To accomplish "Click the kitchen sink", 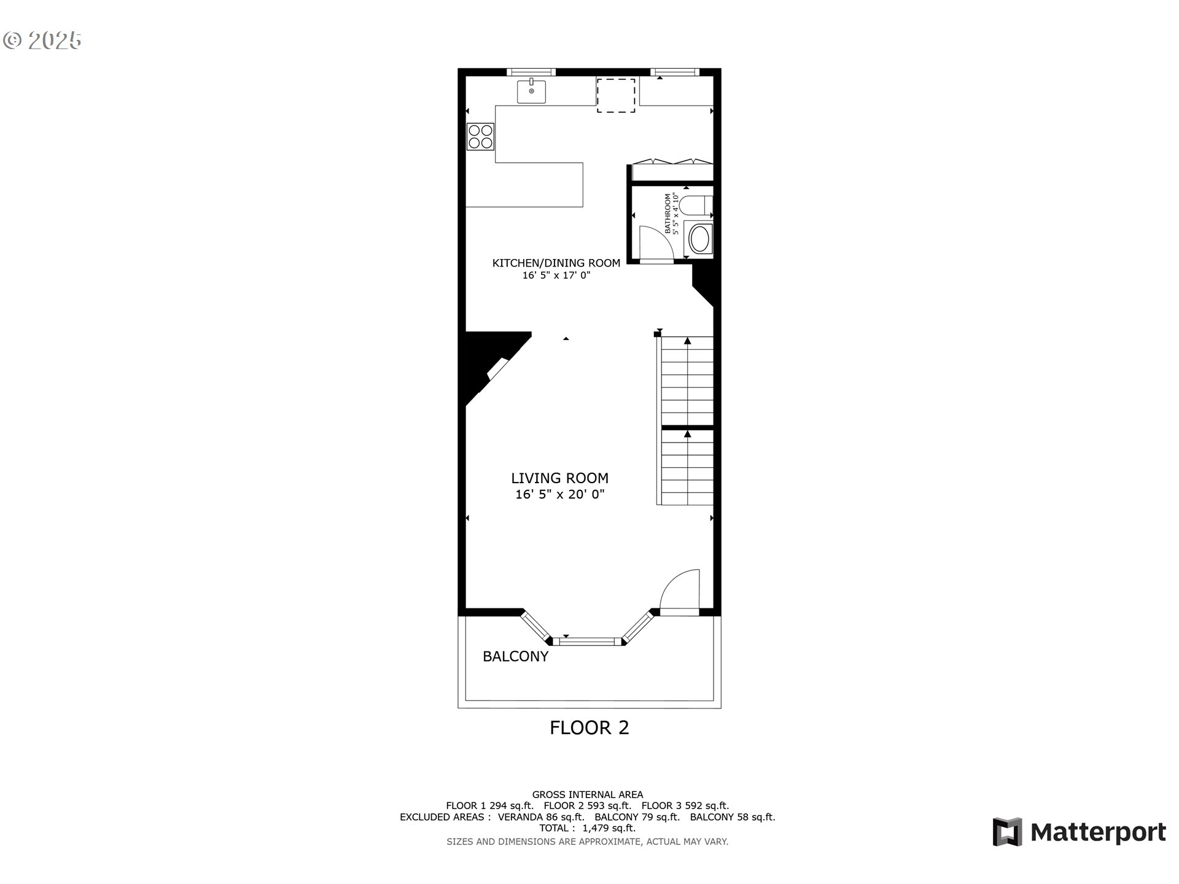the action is tap(531, 91).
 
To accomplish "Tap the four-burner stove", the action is tap(480, 136).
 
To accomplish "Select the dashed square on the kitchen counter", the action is tap(616, 95).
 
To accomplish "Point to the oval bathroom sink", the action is tap(699, 239).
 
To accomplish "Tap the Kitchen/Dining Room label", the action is tap(556, 263).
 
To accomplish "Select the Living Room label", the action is tap(560, 478).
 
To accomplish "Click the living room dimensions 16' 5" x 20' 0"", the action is tap(560, 494).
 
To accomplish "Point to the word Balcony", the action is tap(515, 656).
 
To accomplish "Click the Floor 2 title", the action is tap(589, 727).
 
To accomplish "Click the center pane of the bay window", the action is tap(587, 642).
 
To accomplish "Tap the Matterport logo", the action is tap(1080, 832).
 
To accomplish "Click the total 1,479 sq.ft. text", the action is tap(588, 828).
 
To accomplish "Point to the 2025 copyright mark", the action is tap(42, 41).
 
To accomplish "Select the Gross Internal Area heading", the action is tap(588, 794).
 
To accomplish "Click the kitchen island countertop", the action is tap(524, 185).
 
